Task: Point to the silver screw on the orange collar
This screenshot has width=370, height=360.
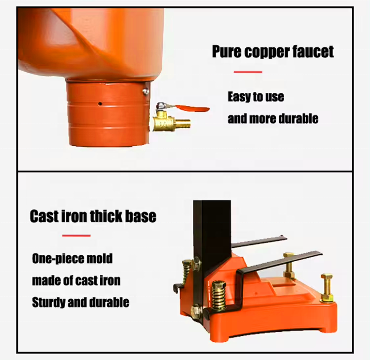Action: pyautogui.click(x=145, y=90)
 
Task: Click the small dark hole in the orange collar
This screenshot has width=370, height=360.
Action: pyautogui.click(x=100, y=104)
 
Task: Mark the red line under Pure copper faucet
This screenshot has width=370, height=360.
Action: pyautogui.click(x=248, y=72)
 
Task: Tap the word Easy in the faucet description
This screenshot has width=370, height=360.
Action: pyautogui.click(x=239, y=96)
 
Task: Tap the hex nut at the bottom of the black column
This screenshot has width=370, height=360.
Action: pyautogui.click(x=196, y=311)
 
